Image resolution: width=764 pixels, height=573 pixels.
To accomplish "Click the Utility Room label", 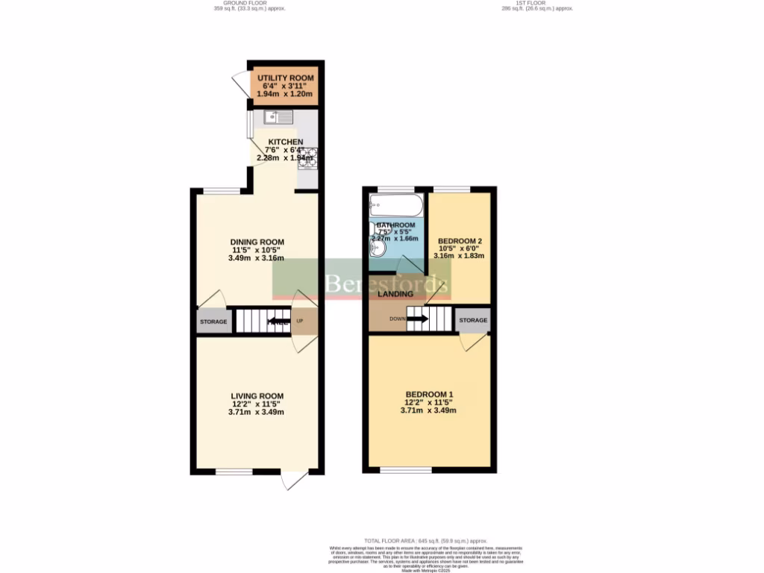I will click(286, 78).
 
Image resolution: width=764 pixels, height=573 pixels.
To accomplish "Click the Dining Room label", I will click(257, 241).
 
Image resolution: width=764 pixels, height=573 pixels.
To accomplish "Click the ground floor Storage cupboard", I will click(213, 322).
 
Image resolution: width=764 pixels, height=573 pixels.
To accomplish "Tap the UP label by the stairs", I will click(301, 322).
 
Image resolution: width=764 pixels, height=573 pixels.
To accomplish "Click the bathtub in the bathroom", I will click(396, 204).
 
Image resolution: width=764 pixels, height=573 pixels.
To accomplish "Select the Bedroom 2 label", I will click(460, 241).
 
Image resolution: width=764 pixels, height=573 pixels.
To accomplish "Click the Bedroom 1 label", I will click(429, 394).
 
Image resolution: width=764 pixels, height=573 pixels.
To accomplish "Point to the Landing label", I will click(395, 294).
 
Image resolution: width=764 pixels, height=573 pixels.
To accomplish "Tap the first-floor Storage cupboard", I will click(473, 320).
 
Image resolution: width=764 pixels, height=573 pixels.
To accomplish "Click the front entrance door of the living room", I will click(294, 480).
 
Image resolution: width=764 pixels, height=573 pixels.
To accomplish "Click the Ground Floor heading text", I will click(250, 4).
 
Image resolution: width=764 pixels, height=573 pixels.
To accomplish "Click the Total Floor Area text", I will click(425, 540).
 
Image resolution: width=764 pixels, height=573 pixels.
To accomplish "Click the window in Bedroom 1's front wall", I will click(406, 470).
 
